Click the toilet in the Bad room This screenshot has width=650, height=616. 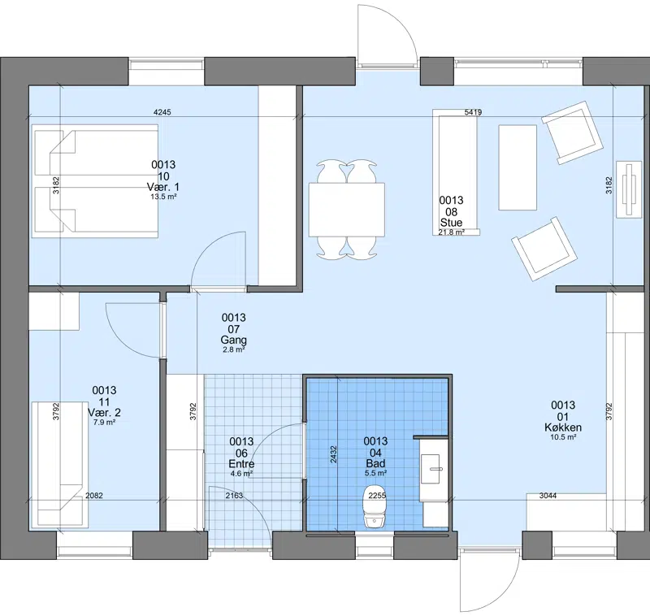pos(375,507)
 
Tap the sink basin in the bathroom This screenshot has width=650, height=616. pos(431,469)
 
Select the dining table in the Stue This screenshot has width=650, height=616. pos(347,210)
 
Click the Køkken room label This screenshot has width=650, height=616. pos(563,427)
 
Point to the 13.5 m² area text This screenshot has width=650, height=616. pos(163,197)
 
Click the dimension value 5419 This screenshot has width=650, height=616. pos(473,112)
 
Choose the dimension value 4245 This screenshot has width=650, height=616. pos(162,112)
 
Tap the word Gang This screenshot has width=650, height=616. pos(233,340)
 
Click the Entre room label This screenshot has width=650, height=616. pos(241,464)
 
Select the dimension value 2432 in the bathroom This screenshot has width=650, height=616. pos(333,454)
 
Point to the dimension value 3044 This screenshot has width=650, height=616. pos(548,496)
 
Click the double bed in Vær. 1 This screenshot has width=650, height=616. pos(95,181)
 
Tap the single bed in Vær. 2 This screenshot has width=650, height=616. pos(60,464)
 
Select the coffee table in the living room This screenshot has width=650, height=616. pos(518,167)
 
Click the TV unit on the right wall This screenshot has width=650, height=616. pos(629,189)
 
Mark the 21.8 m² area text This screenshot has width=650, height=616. pos(451,232)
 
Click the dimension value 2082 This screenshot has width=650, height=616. pos(94,496)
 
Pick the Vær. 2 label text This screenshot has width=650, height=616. pos(104,413)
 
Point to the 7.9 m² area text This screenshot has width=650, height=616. pos(104,423)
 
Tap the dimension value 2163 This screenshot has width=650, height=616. pos(234,496)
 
